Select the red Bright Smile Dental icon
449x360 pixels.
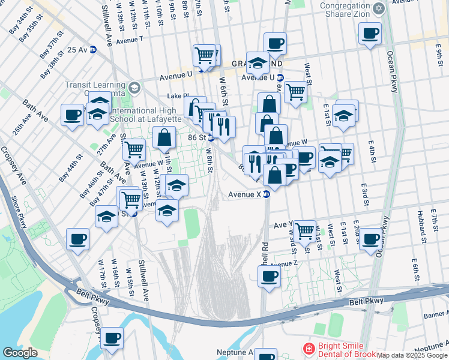[x=309, y=348]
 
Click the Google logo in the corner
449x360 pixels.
[x=20, y=353]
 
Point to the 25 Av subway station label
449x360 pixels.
[x=78, y=50]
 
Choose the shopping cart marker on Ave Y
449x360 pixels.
[x=305, y=230]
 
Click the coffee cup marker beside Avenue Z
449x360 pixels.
[x=269, y=277]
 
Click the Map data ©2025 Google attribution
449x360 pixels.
[x=412, y=355]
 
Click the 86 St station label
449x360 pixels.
[x=197, y=137]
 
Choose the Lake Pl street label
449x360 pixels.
[x=178, y=96]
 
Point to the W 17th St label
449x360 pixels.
[x=102, y=272]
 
